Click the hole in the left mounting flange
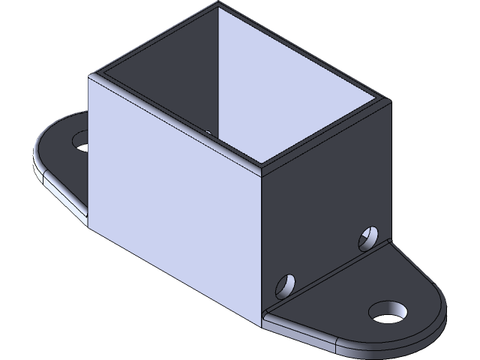(x=80, y=139)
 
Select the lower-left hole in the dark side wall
(x=286, y=285)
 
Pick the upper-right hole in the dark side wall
(x=368, y=236)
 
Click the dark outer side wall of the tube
(x=322, y=202)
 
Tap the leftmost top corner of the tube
(x=91, y=75)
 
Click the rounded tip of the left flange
(x=37, y=154)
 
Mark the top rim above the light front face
(x=176, y=120)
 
